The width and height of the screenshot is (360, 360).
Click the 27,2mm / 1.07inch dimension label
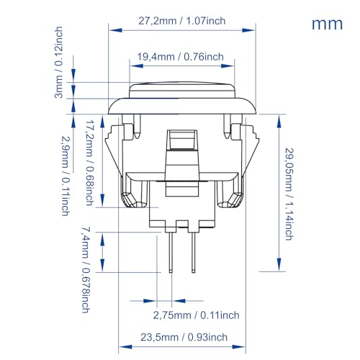(182, 21)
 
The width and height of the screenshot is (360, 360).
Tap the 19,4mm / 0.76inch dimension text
(180, 57)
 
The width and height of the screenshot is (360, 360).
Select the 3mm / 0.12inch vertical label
(58, 63)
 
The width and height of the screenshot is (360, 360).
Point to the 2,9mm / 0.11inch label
(66, 176)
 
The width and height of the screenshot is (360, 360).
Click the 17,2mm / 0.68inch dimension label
(90, 163)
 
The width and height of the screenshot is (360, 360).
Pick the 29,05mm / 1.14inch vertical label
(289, 194)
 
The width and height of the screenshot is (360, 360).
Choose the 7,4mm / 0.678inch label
(86, 270)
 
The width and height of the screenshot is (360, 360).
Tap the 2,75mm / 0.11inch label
(197, 315)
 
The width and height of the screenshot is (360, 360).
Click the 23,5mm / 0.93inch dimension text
(184, 337)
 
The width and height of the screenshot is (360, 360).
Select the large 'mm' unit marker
(327, 24)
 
